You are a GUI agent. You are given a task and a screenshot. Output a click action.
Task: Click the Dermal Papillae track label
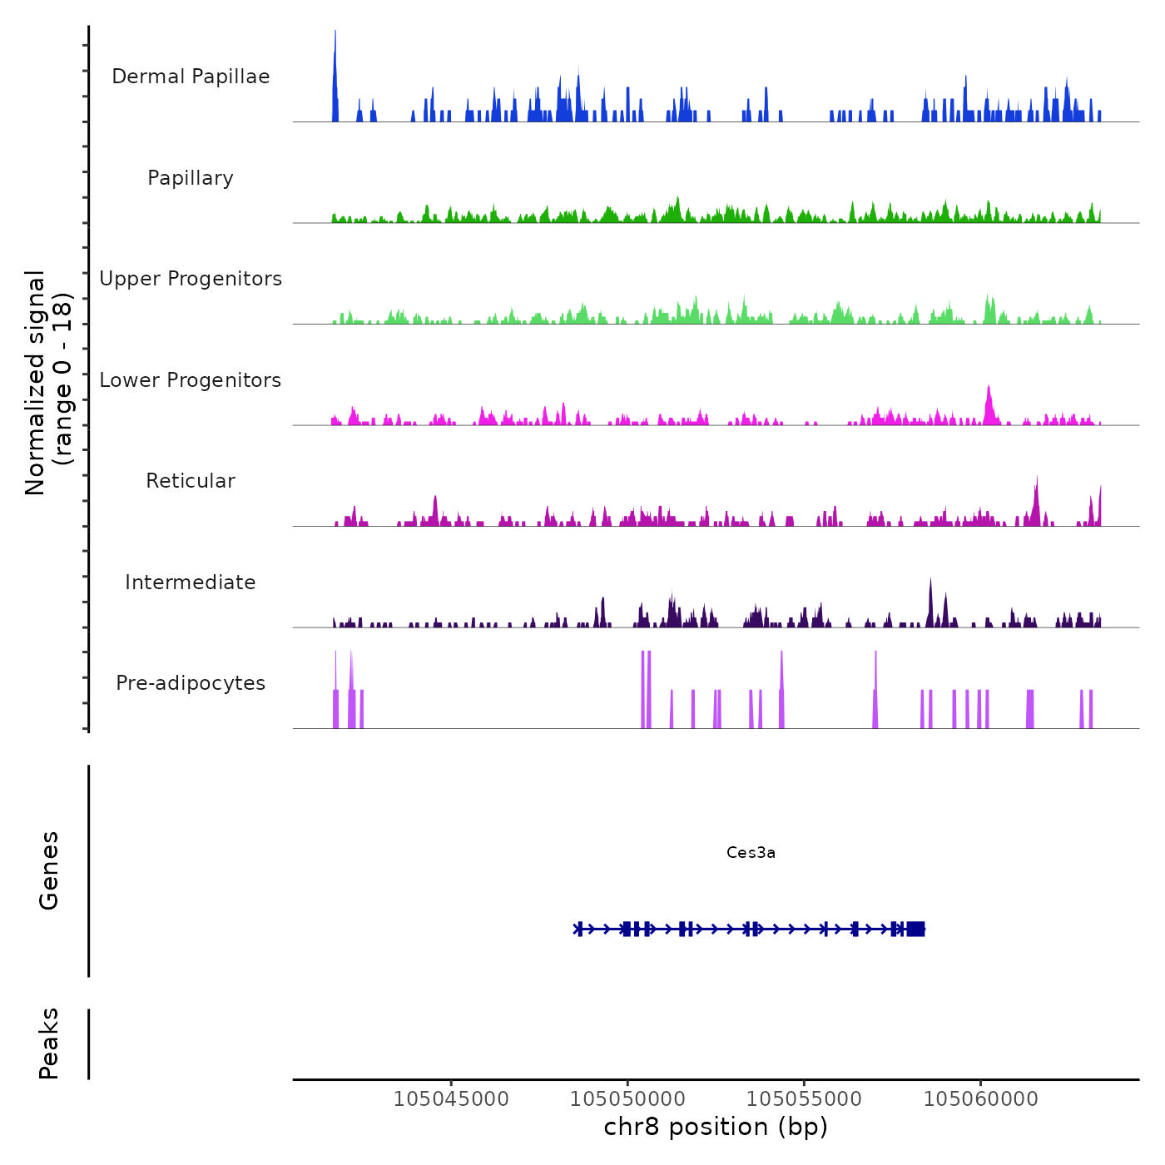point(191,77)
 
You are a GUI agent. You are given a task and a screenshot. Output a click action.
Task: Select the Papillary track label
point(191,178)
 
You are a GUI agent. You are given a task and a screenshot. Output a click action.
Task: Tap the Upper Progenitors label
point(191,279)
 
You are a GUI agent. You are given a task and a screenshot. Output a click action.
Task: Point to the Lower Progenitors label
point(191,380)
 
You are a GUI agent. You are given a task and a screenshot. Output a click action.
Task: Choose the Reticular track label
point(191,481)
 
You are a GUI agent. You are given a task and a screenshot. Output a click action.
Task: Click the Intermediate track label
point(191,582)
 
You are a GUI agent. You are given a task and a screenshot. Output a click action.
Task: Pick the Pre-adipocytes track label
point(191,683)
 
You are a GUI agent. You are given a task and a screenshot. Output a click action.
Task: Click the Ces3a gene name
point(751,852)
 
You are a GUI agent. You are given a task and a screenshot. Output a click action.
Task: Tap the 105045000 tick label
point(451,1099)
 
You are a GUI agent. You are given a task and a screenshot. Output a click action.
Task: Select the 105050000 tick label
point(627,1099)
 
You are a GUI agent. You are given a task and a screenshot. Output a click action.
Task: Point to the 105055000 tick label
point(804,1099)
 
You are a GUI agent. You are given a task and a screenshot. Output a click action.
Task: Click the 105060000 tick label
point(981,1099)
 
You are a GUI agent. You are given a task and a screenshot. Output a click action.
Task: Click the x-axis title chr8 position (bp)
point(716,1127)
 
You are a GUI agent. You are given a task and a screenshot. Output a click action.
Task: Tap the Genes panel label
point(49,870)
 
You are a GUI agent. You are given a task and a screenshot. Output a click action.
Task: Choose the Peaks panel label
point(49,1044)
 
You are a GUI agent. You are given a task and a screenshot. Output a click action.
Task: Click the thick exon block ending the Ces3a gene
point(915,929)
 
